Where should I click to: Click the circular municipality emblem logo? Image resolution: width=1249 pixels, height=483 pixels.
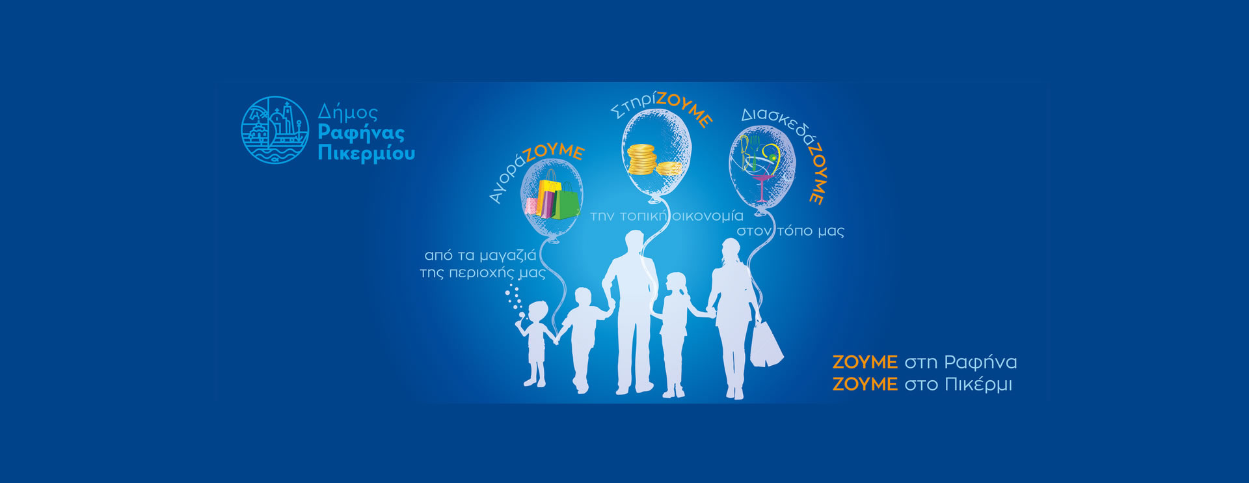(275, 130)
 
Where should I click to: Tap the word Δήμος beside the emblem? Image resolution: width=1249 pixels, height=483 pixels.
(347, 113)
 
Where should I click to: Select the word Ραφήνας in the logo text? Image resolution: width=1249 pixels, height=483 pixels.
(361, 133)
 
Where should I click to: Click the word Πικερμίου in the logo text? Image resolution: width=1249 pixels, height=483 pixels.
(366, 154)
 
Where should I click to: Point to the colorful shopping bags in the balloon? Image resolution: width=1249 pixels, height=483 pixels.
(552, 195)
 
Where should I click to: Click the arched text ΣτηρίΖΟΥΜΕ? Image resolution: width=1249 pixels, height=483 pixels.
(660, 107)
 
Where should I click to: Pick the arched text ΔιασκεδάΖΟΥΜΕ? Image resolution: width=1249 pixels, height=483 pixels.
(787, 146)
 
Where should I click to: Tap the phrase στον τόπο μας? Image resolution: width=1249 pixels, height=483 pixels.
(790, 231)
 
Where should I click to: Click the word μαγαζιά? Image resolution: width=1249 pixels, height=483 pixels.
(507, 256)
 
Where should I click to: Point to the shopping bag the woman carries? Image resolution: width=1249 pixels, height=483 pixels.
(766, 343)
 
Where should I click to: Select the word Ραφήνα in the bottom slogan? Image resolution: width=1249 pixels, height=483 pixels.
(980, 362)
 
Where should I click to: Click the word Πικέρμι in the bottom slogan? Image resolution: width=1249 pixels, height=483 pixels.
(978, 385)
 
